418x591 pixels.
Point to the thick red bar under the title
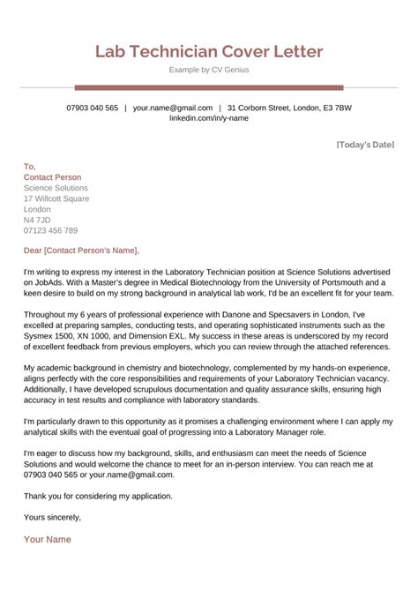(x=209, y=87)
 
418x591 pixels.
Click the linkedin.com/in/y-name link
(x=209, y=117)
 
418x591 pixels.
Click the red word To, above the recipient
(x=30, y=166)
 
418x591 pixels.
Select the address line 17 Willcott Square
(x=56, y=198)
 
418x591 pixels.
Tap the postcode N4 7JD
(x=37, y=221)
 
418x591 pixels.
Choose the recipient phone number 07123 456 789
(x=52, y=231)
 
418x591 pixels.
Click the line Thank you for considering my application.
(x=99, y=495)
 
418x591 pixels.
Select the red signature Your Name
(x=48, y=539)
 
